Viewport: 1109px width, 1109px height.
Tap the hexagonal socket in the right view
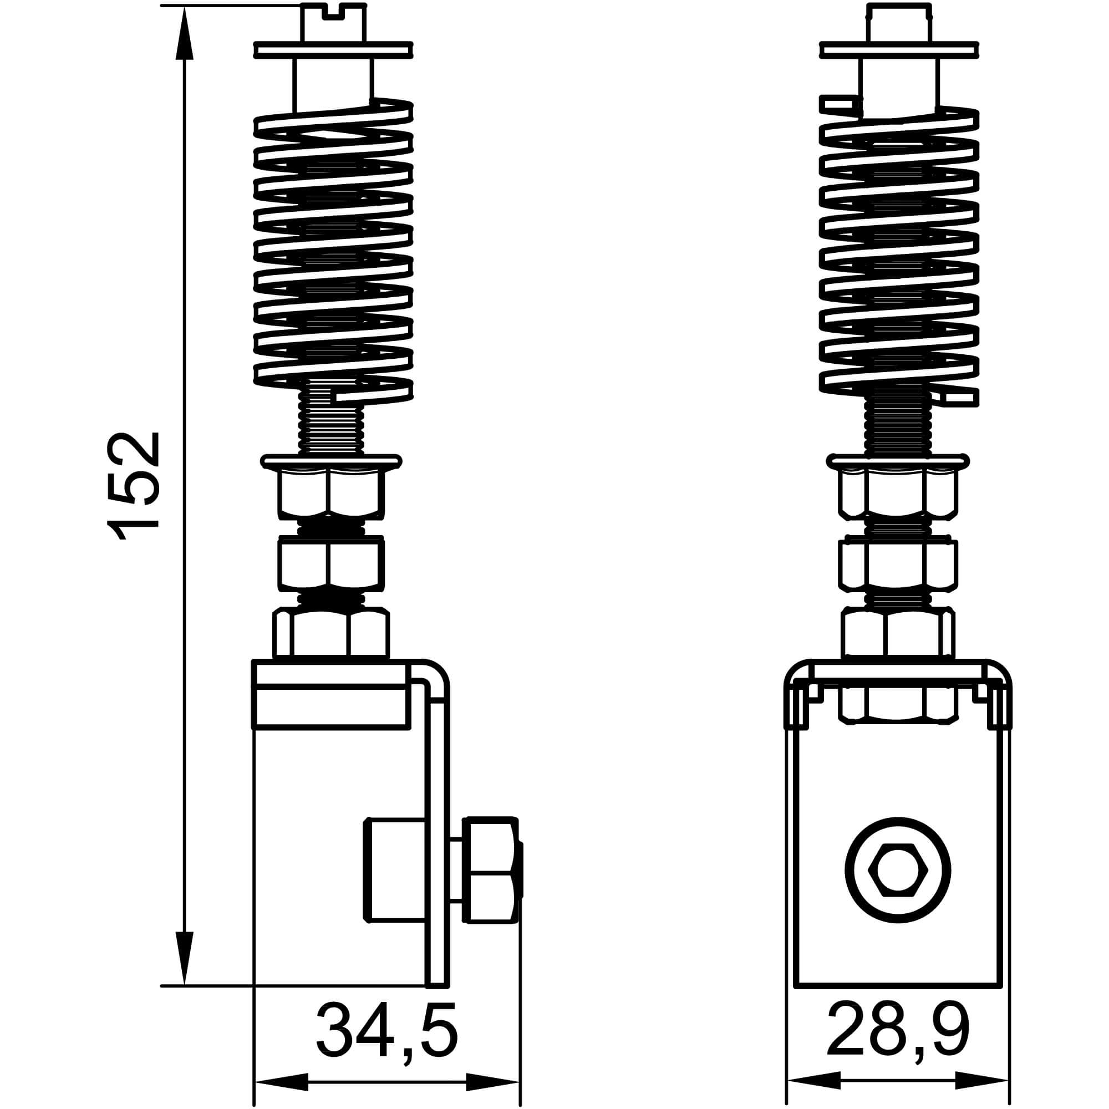pos(898,870)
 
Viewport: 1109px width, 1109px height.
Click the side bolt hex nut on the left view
pos(491,870)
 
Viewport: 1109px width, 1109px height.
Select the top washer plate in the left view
pos(333,50)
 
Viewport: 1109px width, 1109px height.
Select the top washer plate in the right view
pos(899,50)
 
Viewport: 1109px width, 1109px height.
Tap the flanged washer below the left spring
pos(331,461)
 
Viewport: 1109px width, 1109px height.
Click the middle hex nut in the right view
pos(897,566)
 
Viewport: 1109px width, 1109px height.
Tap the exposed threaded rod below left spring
pos(330,428)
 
